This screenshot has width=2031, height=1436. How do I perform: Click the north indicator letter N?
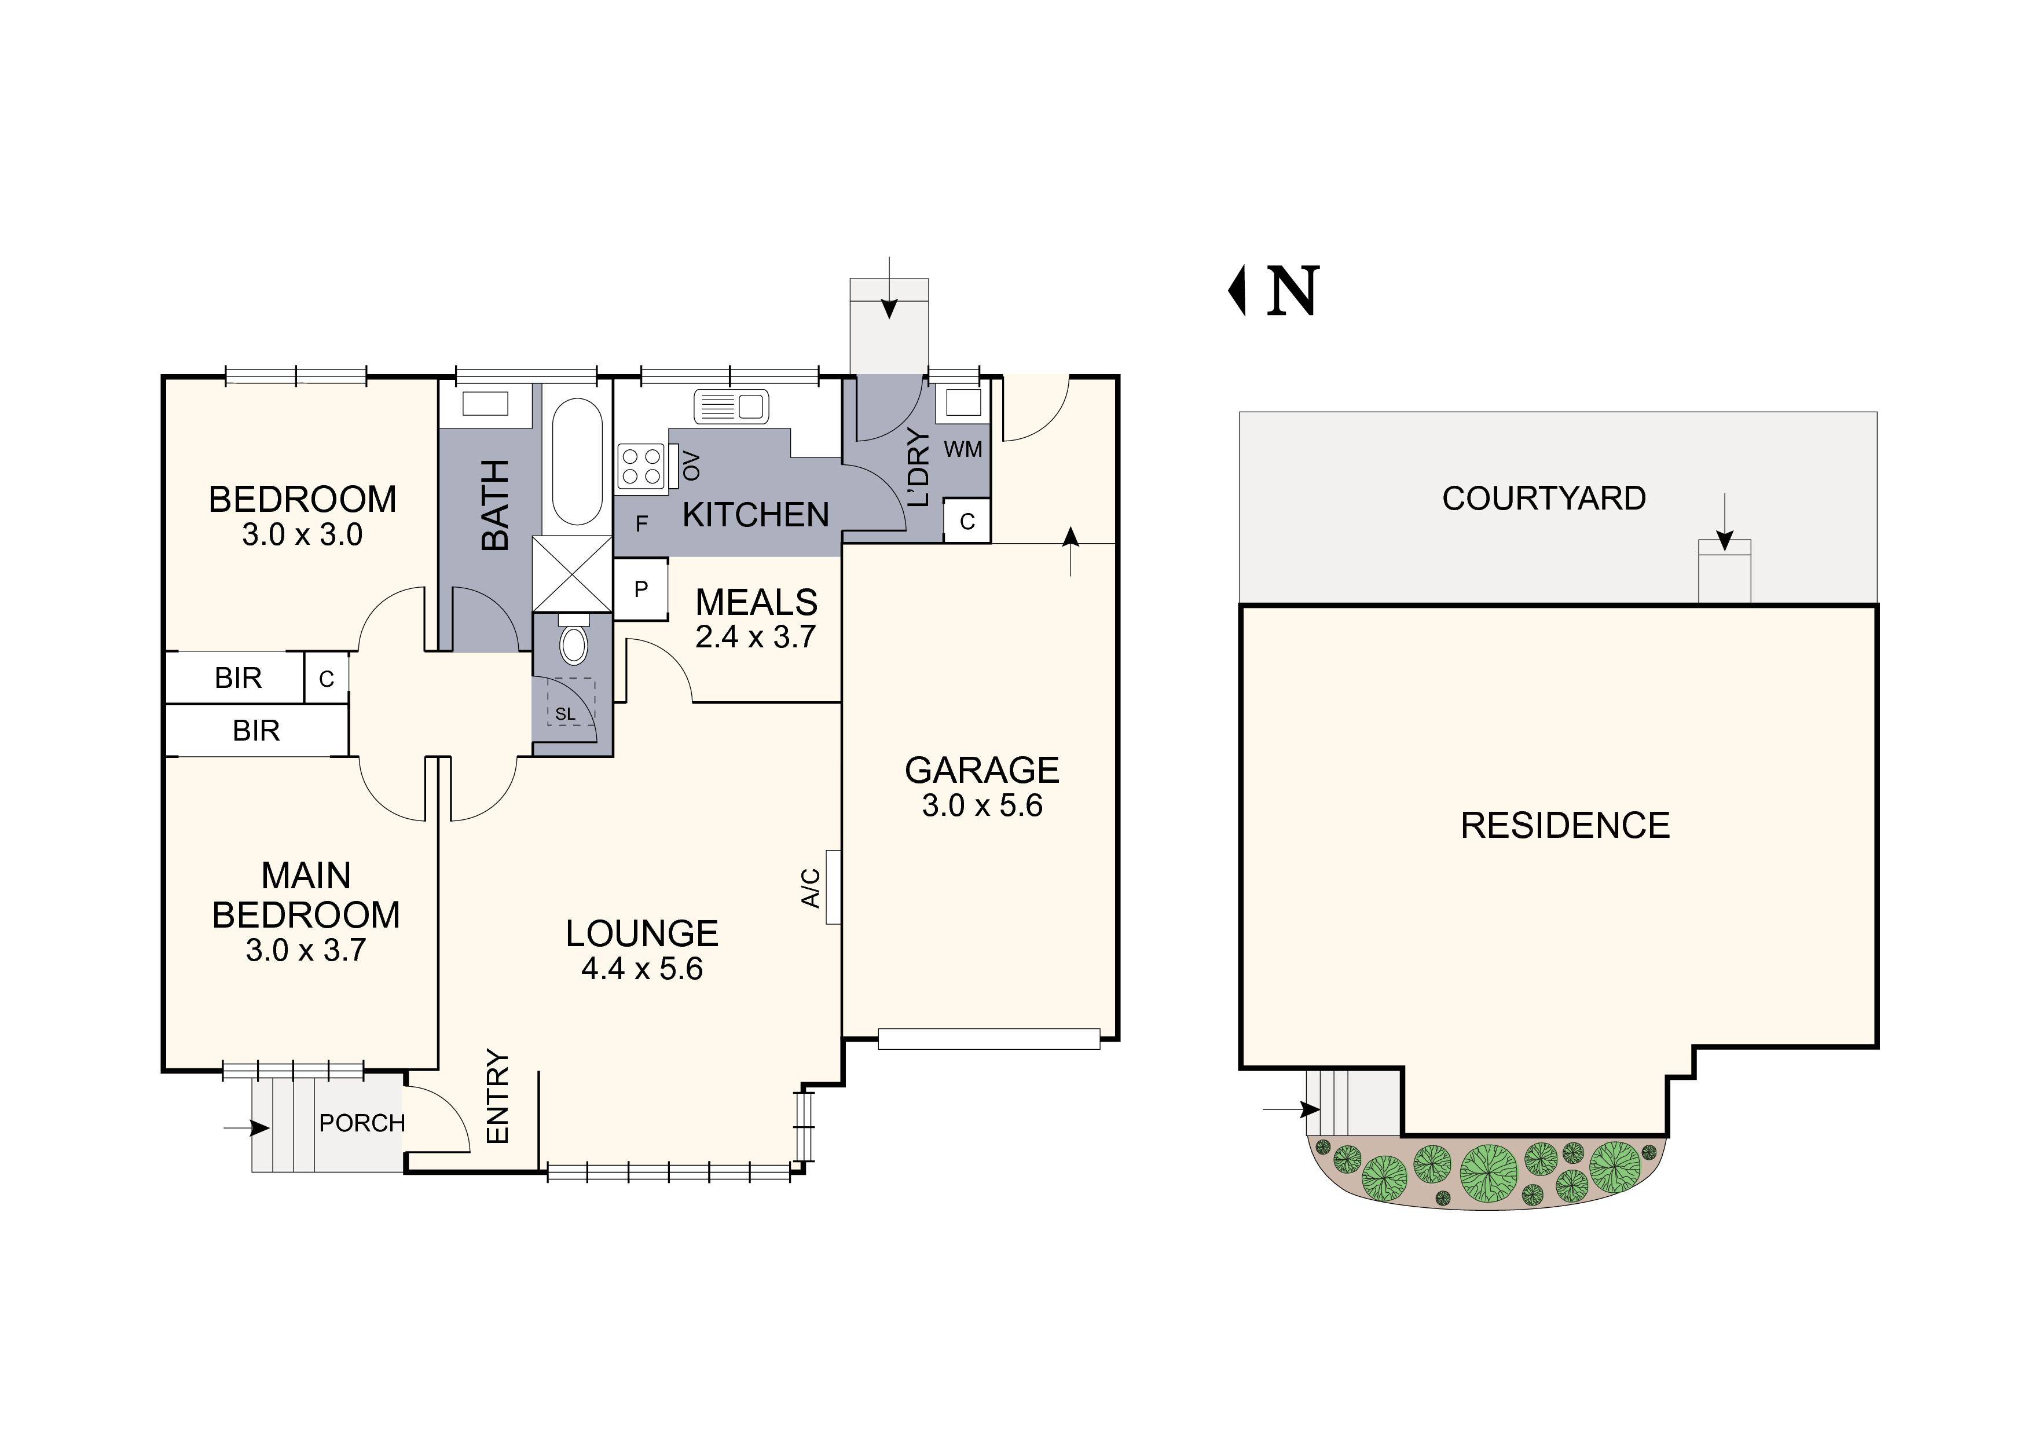(x=1292, y=291)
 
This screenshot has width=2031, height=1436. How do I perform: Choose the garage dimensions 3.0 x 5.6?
(x=982, y=806)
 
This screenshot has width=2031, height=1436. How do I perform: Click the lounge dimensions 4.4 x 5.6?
(x=641, y=969)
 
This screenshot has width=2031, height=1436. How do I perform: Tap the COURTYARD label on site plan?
(x=1544, y=498)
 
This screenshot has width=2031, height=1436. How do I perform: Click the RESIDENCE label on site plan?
(x=1564, y=826)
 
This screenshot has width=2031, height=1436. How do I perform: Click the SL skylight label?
(x=565, y=714)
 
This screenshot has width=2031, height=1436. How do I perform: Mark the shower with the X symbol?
(x=573, y=573)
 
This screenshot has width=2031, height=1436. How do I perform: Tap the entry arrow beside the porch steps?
(x=247, y=1127)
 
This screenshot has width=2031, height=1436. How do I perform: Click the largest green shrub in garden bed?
(x=1489, y=1173)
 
